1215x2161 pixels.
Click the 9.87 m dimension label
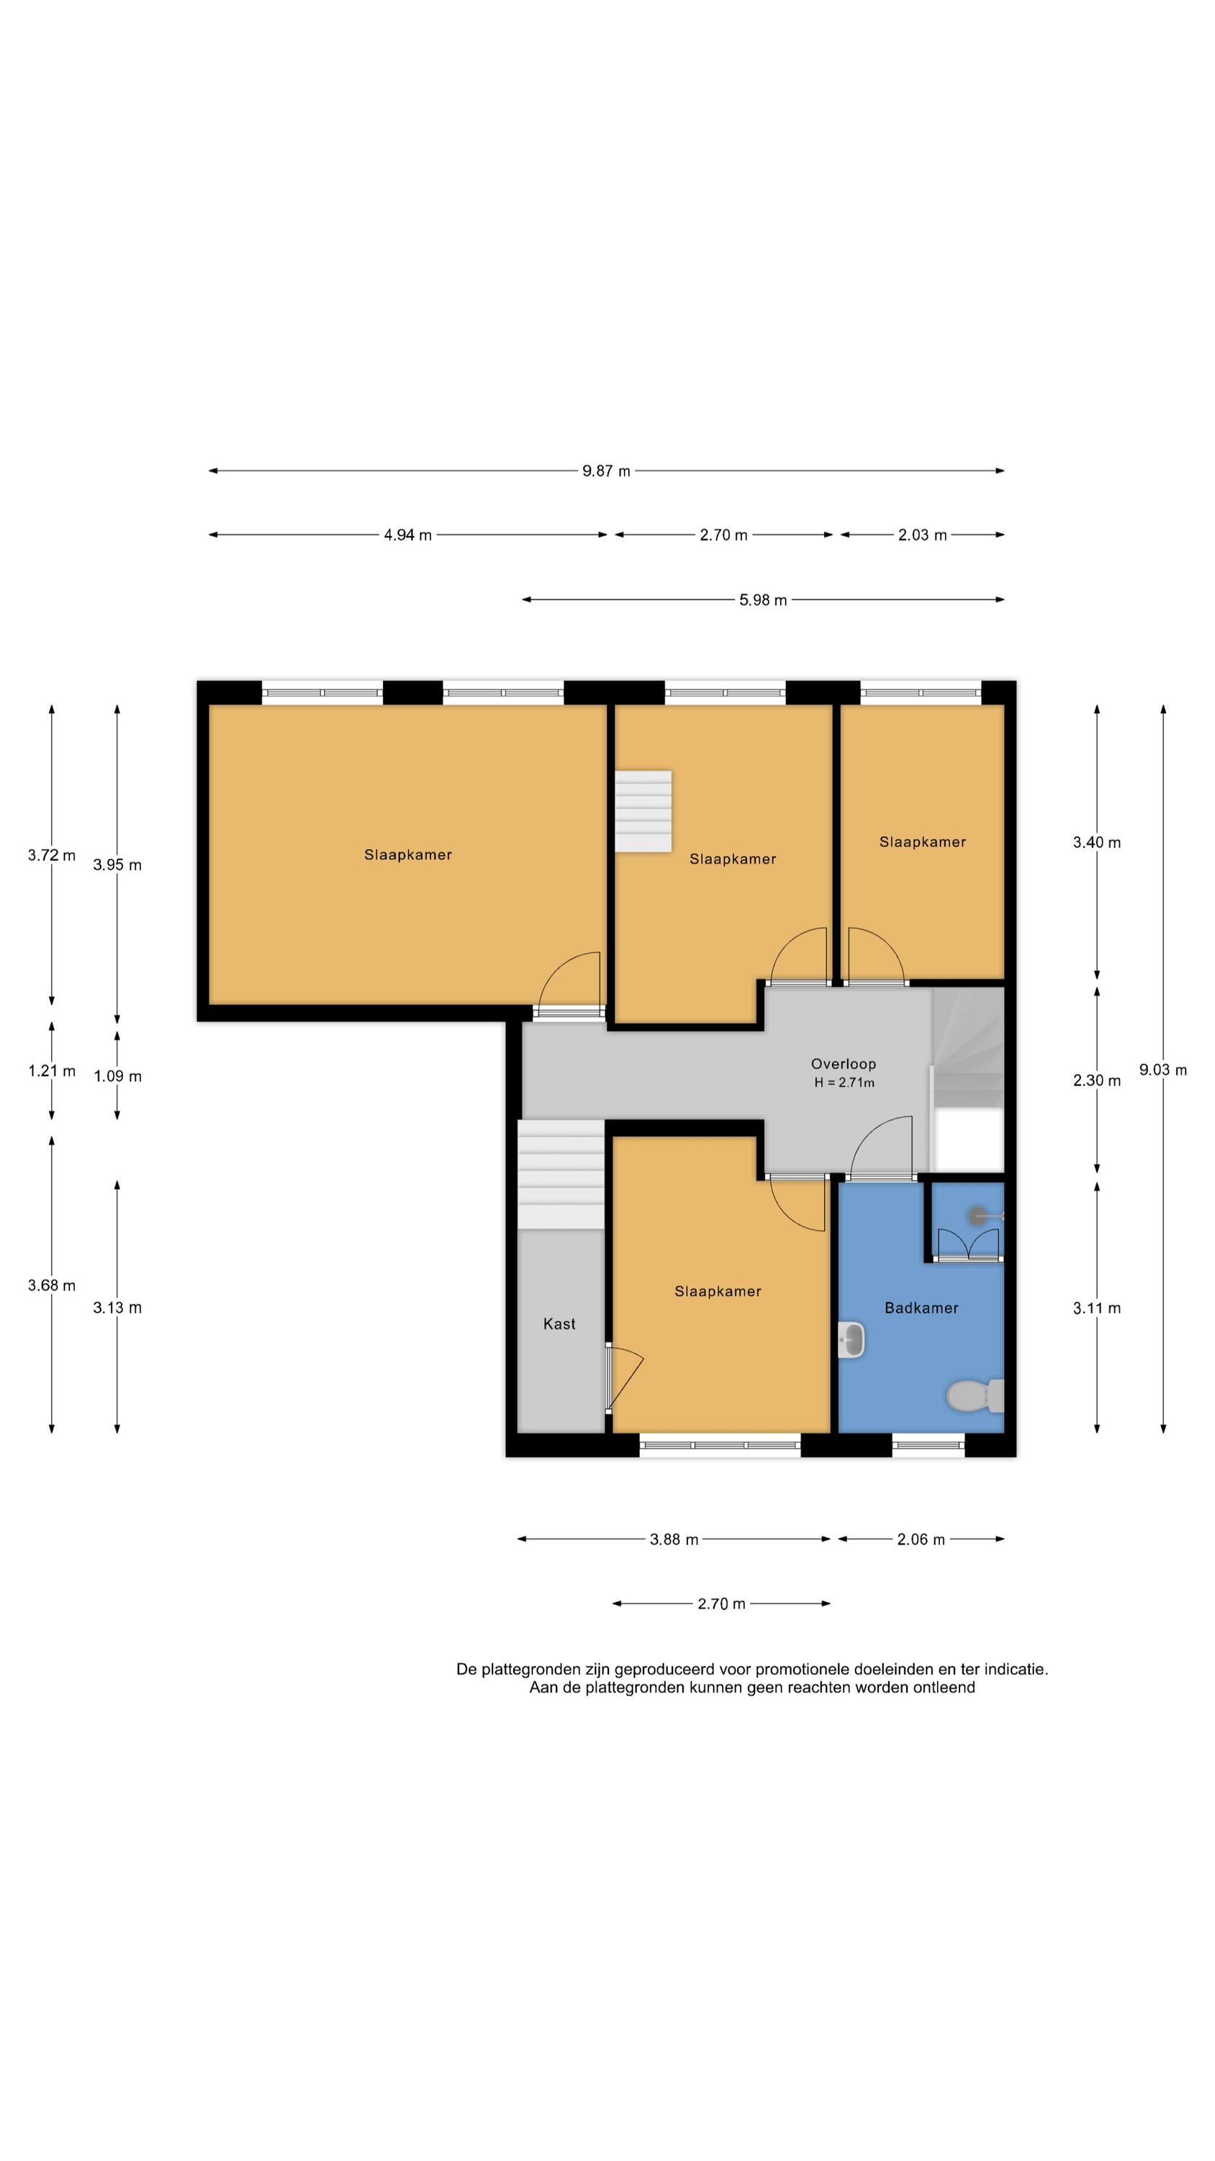tap(605, 470)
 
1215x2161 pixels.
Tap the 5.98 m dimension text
tap(762, 600)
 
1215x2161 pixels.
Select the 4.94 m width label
tap(407, 534)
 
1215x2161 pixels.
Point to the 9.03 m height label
tap(1162, 1070)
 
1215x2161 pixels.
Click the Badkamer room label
tap(921, 1307)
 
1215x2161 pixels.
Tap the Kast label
tap(559, 1324)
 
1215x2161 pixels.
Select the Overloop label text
tap(843, 1064)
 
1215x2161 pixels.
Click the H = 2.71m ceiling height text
tap(844, 1082)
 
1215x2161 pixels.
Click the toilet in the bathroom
tap(975, 1396)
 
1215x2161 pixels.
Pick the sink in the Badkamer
tap(851, 1339)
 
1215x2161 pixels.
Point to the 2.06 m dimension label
tap(921, 1539)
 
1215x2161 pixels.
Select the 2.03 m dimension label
tap(922, 534)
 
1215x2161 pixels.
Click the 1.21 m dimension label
tap(51, 1070)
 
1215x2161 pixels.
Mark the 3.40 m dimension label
tap(1096, 842)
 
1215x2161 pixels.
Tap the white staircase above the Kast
tap(560, 1174)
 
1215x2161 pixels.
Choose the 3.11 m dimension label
tap(1096, 1308)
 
